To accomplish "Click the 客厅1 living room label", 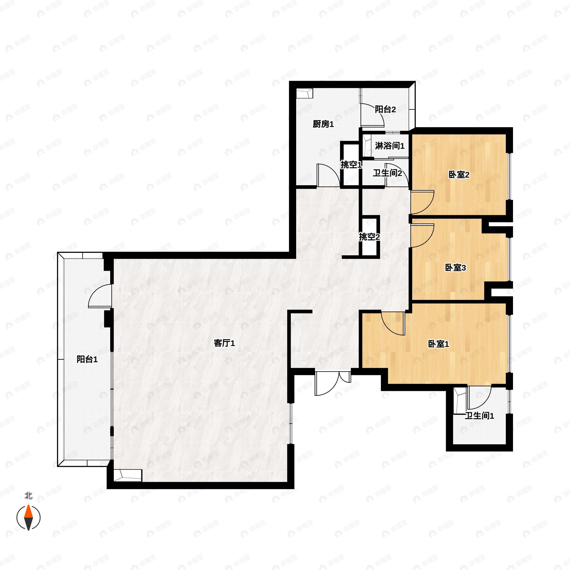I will [x=224, y=343].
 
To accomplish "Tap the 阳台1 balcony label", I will [x=87, y=359].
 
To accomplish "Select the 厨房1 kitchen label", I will [x=323, y=124].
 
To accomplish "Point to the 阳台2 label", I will [x=385, y=109].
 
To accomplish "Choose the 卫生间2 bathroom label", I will [x=387, y=173].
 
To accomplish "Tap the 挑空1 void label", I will [x=351, y=165].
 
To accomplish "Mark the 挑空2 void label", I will [x=369, y=237].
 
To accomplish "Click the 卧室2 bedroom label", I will [x=459, y=175].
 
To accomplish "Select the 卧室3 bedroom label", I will [x=455, y=268].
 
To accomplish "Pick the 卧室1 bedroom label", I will [x=438, y=344].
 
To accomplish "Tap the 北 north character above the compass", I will [x=28, y=496].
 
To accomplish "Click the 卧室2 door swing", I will [x=422, y=202].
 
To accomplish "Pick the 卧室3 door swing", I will [x=422, y=235].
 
